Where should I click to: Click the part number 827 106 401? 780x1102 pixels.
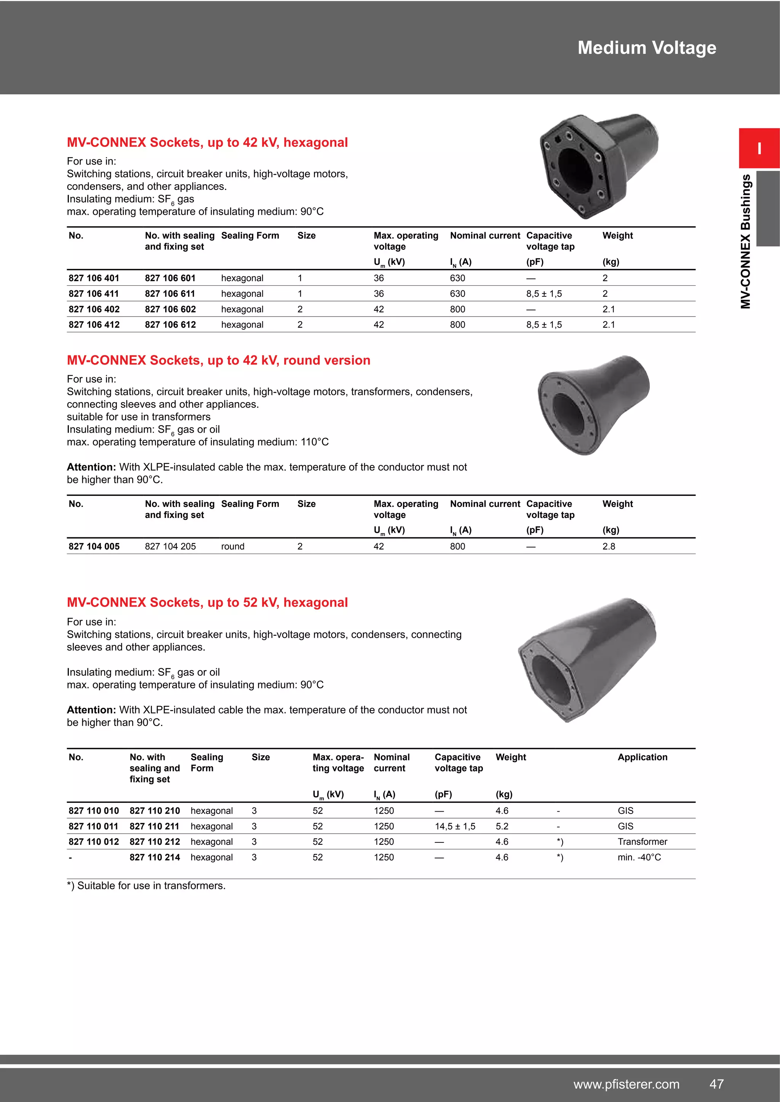[x=94, y=278]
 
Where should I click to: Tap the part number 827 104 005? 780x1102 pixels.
[x=94, y=546]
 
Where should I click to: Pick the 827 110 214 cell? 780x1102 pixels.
[x=155, y=857]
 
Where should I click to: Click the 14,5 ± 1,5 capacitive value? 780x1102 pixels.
[x=455, y=826]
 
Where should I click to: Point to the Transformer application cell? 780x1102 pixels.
[x=642, y=841]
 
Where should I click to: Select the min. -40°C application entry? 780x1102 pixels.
[x=639, y=857]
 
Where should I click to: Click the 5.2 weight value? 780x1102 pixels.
[x=502, y=826]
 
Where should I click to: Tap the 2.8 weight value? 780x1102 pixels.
[x=609, y=546]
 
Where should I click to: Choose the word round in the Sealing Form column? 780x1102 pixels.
[x=232, y=546]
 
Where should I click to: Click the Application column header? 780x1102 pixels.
[x=642, y=757]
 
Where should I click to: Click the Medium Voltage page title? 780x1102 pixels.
[x=646, y=48]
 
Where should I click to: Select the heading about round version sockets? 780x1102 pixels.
[x=219, y=360]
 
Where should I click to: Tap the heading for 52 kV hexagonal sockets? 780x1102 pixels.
[x=207, y=602]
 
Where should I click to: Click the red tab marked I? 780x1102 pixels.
[x=759, y=148]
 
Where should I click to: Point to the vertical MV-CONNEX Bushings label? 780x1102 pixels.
[x=745, y=241]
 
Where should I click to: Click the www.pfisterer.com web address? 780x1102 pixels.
[x=626, y=1084]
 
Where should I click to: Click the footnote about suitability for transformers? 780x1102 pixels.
[x=146, y=885]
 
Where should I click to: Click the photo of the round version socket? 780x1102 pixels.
[x=594, y=404]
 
